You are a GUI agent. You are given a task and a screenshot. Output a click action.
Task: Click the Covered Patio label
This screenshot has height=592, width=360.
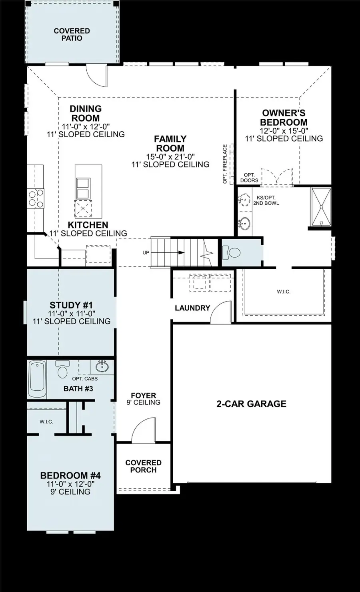point(72,34)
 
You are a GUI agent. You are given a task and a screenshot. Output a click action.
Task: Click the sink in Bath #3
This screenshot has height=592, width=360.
point(102,366)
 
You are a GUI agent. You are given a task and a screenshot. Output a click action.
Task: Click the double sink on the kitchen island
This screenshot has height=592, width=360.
point(83,188)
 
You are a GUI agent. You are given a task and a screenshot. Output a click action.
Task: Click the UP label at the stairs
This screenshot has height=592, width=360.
point(146,253)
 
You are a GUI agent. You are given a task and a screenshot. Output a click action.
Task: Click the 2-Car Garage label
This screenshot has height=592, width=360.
point(251,404)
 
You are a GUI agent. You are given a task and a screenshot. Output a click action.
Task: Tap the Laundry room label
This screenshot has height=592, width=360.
point(192,308)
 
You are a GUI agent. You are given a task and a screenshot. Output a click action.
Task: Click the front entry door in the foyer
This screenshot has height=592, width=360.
point(143,430)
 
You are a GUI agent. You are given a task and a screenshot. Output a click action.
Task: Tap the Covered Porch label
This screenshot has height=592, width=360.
point(143,466)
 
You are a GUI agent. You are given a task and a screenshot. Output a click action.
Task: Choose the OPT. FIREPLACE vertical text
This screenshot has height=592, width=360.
point(225,164)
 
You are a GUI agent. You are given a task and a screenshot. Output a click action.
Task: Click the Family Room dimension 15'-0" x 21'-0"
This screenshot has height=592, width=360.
point(170,156)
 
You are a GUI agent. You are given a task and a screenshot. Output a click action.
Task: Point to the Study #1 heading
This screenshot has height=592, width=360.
point(71,306)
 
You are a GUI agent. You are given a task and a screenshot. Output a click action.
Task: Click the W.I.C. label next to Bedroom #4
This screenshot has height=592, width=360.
point(46,422)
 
